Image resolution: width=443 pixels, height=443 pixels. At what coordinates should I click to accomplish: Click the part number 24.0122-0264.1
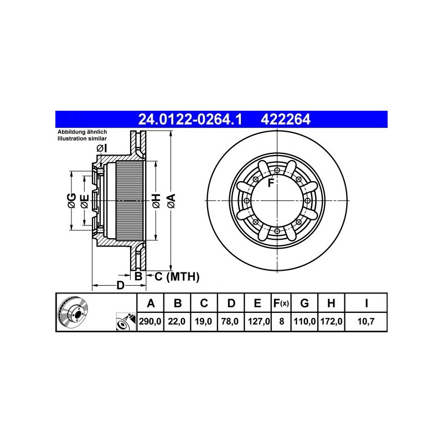pos(190,119)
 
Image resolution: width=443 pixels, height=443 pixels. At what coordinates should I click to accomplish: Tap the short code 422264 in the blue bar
pos(285,119)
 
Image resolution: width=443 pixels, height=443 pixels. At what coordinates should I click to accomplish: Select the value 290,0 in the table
pos(150,321)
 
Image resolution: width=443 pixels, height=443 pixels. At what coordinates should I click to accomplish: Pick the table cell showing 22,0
pos(177,321)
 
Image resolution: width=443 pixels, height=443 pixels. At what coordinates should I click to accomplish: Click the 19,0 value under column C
pos(203,321)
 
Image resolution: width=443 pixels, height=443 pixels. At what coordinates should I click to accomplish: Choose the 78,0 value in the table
pos(230,321)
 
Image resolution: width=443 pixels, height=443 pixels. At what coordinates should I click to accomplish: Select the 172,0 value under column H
pos(331,321)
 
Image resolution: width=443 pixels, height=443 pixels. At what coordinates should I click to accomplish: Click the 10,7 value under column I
pos(366,321)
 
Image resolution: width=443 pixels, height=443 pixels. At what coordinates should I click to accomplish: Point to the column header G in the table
pos(304,303)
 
